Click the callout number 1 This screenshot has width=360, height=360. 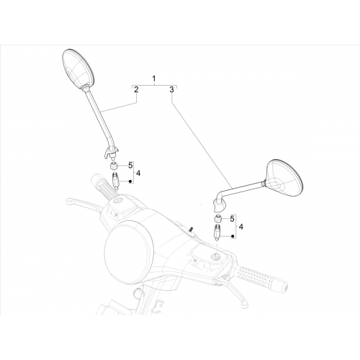pyautogui.click(x=154, y=78)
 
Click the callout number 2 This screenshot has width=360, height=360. pyautogui.click(x=136, y=89)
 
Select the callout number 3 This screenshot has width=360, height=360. pyautogui.click(x=171, y=89)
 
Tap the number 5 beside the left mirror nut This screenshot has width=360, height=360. pyautogui.click(x=130, y=166)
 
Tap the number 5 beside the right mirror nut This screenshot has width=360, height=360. pyautogui.click(x=232, y=219)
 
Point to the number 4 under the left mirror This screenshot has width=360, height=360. pyautogui.click(x=138, y=173)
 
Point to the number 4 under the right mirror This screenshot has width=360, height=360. pyautogui.click(x=240, y=227)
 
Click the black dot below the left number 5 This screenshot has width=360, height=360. pyautogui.click(x=130, y=181)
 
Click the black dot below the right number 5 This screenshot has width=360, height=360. pyautogui.click(x=232, y=236)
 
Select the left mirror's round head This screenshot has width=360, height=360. pyautogui.click(x=78, y=69)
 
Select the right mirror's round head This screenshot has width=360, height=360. pyautogui.click(x=284, y=176)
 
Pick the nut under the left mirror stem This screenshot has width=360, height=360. pyautogui.click(x=114, y=166)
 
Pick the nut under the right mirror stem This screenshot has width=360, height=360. pyautogui.click(x=217, y=219)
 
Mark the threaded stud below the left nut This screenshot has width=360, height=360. pyautogui.click(x=115, y=181)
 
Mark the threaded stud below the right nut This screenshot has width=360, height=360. pyautogui.click(x=217, y=232)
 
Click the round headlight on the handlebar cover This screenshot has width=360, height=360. pyautogui.click(x=129, y=251)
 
